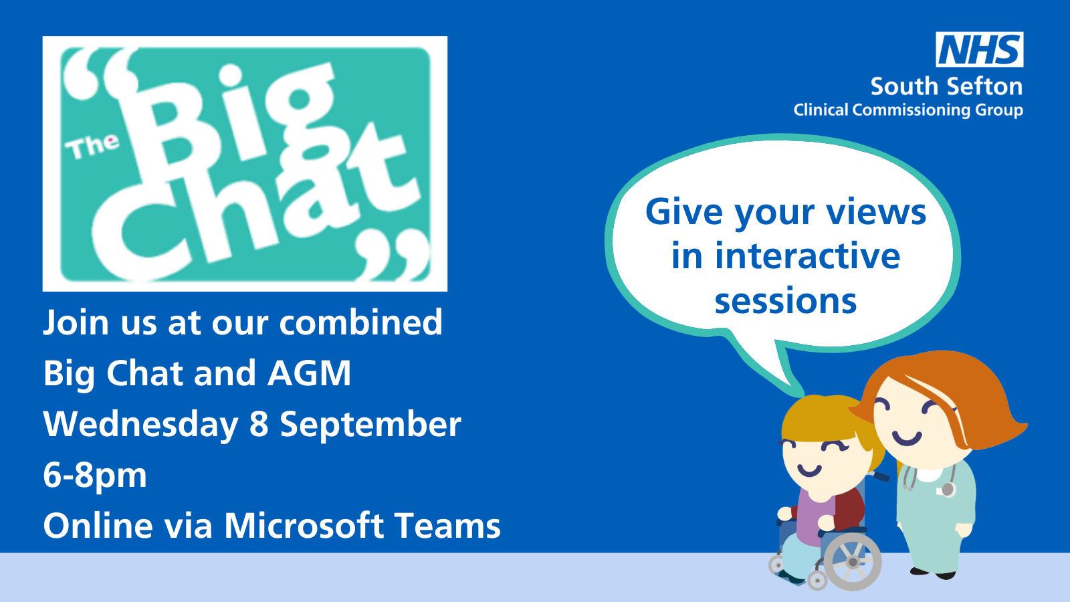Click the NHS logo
[x=979, y=49]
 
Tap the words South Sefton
[x=946, y=86]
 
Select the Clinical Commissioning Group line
[x=908, y=110]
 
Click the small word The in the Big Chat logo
[x=92, y=146]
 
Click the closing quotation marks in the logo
[x=393, y=255]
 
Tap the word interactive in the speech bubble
[x=807, y=256]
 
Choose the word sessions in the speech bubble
[x=786, y=301]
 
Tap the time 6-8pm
[x=95, y=476]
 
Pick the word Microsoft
[x=304, y=526]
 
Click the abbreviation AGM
[x=310, y=373]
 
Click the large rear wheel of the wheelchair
[x=853, y=563]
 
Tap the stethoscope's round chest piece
[x=948, y=490]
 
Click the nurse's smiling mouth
[x=907, y=439]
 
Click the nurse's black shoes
[x=932, y=573]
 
